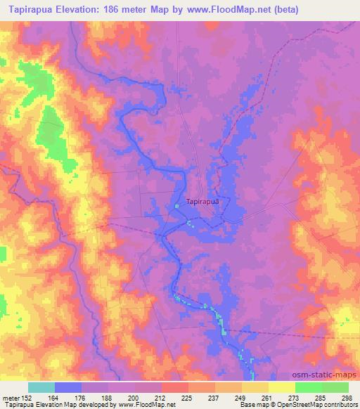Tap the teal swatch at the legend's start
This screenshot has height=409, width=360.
pyautogui.click(x=41, y=387)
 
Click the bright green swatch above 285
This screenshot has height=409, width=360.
pyautogui.click(x=309, y=387)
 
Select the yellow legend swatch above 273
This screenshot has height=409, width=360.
pyautogui.click(x=281, y=387)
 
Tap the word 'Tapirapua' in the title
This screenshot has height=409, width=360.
pyautogui.click(x=30, y=10)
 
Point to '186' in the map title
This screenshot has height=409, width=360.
pyautogui.click(x=122, y=10)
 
